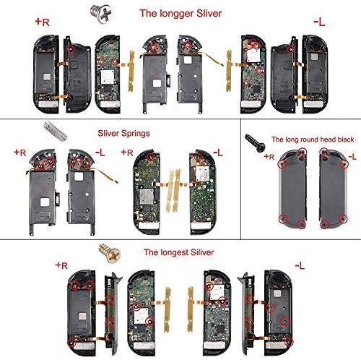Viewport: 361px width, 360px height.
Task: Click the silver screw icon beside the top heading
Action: (113, 11)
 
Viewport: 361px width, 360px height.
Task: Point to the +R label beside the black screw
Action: (269, 156)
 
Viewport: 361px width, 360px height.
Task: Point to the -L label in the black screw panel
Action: (352, 157)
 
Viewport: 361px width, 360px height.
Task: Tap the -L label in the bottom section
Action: (303, 265)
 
